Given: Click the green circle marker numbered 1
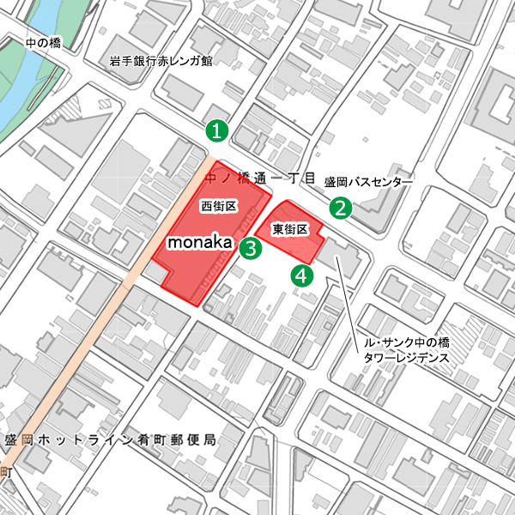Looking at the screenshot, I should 217,131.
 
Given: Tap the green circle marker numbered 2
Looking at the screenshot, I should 342,208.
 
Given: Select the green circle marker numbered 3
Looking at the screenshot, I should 250,249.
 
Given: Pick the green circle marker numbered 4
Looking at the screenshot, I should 302,276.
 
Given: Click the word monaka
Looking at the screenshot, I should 199,243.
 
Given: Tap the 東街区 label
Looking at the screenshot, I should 289,229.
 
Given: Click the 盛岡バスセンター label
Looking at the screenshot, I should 368,183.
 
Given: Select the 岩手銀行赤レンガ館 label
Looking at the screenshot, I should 161,62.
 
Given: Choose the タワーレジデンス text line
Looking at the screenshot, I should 403,358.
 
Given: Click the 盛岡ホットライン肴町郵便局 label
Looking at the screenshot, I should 109,439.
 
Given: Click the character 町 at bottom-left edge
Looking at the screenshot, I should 5,472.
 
